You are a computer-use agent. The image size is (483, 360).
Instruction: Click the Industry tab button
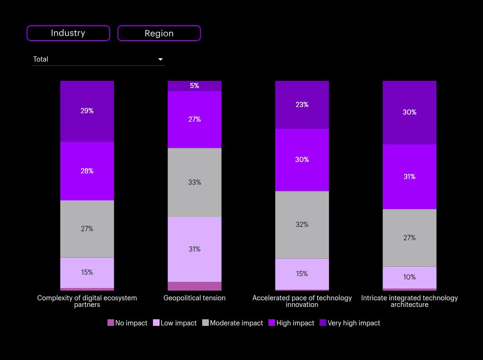pos(68,33)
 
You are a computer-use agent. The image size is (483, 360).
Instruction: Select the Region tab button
pos(159,34)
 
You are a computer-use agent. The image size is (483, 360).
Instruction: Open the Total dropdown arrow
pos(161,59)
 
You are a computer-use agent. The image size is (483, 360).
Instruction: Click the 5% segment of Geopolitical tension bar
pos(195,86)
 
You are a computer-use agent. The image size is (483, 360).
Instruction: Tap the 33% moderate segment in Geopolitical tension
pos(195,182)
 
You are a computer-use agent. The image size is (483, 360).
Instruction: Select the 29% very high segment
pos(87,111)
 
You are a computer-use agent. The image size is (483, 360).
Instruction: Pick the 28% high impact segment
pos(87,171)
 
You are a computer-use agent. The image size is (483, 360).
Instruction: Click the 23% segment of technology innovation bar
pos(302,105)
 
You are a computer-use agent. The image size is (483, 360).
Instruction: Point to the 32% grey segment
pos(302,225)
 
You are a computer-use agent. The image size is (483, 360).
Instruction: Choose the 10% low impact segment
pos(410,277)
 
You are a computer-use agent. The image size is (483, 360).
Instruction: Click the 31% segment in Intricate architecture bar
pos(410,177)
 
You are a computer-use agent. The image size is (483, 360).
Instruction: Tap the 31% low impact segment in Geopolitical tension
pos(195,249)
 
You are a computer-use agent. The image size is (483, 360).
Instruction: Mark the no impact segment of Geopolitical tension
pos(195,286)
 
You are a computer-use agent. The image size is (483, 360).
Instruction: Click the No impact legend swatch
pos(111,323)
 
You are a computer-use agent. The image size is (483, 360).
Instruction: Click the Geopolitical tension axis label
pos(195,298)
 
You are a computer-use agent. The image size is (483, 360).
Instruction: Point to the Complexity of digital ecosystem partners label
pos(87,301)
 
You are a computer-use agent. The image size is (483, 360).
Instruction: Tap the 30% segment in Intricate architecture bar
pos(410,112)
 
